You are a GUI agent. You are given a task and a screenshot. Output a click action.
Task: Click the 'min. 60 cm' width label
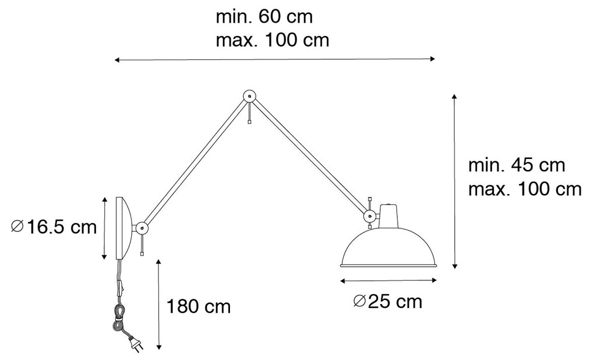(264, 17)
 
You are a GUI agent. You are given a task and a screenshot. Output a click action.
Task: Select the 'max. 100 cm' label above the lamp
(273, 40)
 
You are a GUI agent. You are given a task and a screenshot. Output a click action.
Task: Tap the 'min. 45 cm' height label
(517, 165)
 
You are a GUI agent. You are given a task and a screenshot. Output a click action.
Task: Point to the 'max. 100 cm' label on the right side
(525, 189)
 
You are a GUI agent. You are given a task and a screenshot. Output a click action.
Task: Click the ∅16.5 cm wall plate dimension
(54, 227)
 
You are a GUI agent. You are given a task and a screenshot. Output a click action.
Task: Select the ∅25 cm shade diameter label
(387, 302)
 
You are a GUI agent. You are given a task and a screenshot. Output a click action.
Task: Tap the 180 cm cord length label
(199, 306)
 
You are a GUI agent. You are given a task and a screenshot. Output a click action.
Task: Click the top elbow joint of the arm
(249, 96)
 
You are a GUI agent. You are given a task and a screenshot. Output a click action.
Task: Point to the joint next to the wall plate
(142, 228)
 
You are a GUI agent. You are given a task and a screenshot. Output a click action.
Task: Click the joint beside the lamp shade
(369, 217)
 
